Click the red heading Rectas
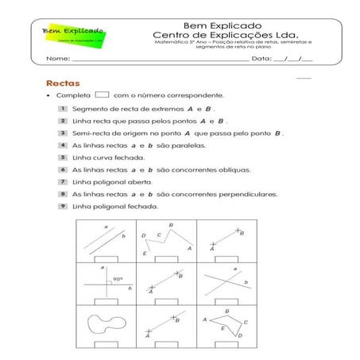[x=62, y=83]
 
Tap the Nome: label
[x=57, y=59]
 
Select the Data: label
[x=261, y=59]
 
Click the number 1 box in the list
[x=61, y=108]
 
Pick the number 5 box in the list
[x=61, y=157]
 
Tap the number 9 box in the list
[x=61, y=206]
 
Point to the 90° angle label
[x=117, y=279]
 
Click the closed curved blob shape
[x=106, y=324]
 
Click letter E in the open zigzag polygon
[x=144, y=253]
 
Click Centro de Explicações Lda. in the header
[x=226, y=36]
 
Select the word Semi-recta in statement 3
[x=90, y=133]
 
